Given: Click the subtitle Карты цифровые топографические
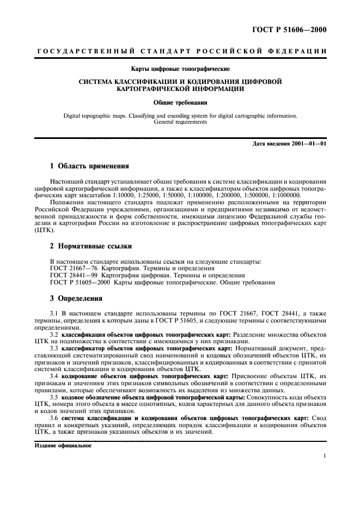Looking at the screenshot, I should coord(180,69).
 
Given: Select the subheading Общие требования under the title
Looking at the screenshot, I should coord(180,102).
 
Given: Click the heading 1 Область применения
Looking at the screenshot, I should coord(89,165).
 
